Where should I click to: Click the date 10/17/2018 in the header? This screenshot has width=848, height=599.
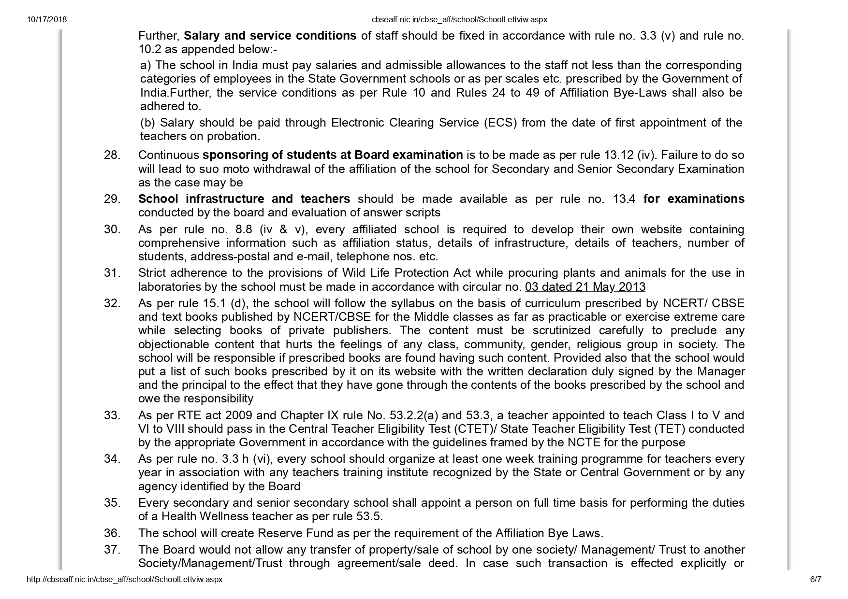click(47, 20)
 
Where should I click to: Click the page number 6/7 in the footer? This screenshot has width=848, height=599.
click(816, 579)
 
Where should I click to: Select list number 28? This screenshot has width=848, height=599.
click(112, 155)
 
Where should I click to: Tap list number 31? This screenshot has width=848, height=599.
click(112, 273)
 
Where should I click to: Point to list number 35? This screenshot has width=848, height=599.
click(112, 503)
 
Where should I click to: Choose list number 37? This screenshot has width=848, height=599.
click(112, 550)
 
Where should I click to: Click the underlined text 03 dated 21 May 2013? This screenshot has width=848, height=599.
click(585, 287)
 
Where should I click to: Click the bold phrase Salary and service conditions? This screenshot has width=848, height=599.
click(270, 36)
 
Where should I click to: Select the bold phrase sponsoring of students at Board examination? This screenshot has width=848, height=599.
click(333, 155)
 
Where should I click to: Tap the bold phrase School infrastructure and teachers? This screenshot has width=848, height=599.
click(244, 199)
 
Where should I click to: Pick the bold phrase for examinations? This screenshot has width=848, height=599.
click(694, 199)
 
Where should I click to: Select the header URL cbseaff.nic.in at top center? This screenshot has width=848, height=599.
click(459, 20)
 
